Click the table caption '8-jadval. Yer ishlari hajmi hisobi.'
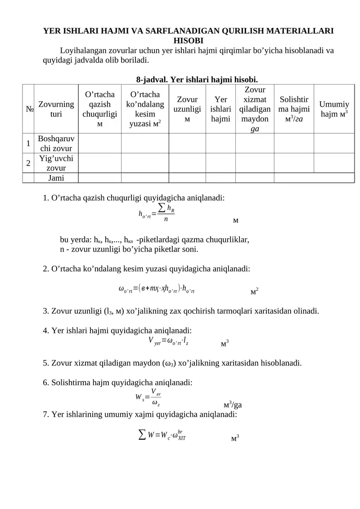click(x=197, y=80)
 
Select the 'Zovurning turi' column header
click(x=56, y=108)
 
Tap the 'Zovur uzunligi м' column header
click(x=187, y=108)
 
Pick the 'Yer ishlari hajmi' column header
click(x=220, y=108)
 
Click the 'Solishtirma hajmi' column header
click(x=294, y=108)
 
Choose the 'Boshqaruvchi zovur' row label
click(x=56, y=143)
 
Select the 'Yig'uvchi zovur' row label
click(x=56, y=163)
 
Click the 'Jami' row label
click(x=56, y=178)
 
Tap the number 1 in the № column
click(x=28, y=143)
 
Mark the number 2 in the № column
click(x=28, y=163)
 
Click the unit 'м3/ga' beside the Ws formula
click(x=233, y=404)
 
